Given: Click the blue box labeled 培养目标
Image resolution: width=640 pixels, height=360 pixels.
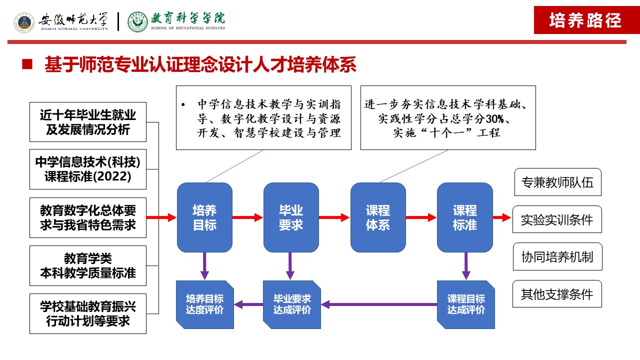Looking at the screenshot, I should (204, 217).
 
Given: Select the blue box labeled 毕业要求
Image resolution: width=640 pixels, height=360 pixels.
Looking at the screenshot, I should (291, 217).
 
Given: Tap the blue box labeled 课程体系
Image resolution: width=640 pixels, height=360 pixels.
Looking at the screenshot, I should (377, 217).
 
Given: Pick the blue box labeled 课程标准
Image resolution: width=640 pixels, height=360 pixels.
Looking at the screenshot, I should (464, 217).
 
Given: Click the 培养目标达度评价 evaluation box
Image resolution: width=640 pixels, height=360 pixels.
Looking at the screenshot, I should (205, 304).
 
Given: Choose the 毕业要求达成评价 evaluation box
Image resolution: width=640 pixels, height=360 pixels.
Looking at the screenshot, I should (292, 304).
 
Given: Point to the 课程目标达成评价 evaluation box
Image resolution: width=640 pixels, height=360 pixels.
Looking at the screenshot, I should (465, 304).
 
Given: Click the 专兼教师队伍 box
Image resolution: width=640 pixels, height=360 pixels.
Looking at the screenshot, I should (557, 182).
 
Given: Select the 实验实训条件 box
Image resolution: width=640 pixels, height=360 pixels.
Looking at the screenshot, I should (557, 219).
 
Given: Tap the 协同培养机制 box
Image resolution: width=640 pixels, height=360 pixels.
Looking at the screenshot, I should (557, 257).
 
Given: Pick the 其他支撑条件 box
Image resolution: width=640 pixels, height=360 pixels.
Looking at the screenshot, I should (557, 294).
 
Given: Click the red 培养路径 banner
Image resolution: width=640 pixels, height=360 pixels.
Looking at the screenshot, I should (585, 20).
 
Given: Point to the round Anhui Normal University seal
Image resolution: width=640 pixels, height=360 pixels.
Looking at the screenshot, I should (24, 22).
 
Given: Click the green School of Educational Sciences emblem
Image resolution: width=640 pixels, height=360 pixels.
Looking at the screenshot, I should (137, 22).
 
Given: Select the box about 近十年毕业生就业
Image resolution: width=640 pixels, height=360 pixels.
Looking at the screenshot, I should (88, 122).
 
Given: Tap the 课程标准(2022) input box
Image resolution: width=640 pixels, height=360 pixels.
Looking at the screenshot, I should (88, 169).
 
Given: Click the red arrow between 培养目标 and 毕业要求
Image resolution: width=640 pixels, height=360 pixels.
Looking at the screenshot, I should (247, 217).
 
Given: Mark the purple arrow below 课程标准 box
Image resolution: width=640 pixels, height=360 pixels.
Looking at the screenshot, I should (466, 265).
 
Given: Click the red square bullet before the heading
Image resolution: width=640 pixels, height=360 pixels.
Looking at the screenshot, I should (27, 64).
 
